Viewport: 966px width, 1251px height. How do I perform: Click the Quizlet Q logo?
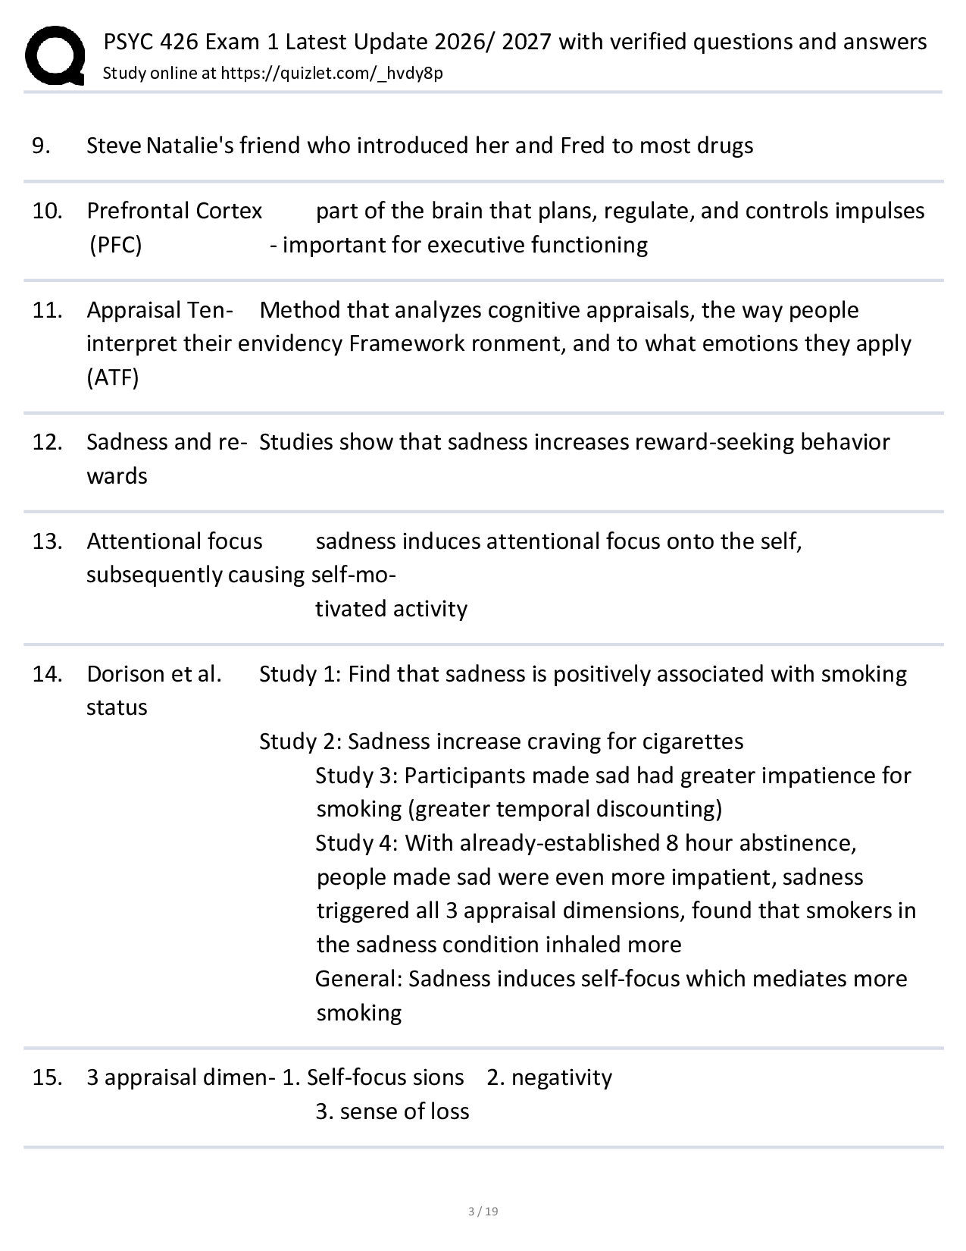(55, 55)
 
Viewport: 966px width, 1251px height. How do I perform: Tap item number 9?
(41, 146)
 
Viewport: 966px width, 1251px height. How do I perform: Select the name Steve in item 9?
(114, 146)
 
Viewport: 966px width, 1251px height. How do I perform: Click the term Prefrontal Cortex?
(174, 211)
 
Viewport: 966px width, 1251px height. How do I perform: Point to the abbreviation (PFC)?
(115, 245)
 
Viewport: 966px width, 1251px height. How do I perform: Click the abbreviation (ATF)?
(113, 378)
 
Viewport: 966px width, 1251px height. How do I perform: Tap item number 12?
(46, 442)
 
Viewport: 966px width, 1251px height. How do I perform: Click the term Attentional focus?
(174, 541)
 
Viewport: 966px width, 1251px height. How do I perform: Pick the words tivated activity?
(391, 609)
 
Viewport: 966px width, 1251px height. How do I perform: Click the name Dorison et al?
(154, 674)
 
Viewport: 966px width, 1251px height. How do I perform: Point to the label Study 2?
(300, 742)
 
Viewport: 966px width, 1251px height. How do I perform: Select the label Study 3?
(356, 776)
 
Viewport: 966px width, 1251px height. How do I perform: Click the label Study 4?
(356, 843)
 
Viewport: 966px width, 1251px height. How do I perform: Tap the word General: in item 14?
(358, 979)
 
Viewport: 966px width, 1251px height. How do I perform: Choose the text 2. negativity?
(549, 1077)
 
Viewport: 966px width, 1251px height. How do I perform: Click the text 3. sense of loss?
(392, 1111)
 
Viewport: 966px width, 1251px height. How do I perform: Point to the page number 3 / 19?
(483, 1211)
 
